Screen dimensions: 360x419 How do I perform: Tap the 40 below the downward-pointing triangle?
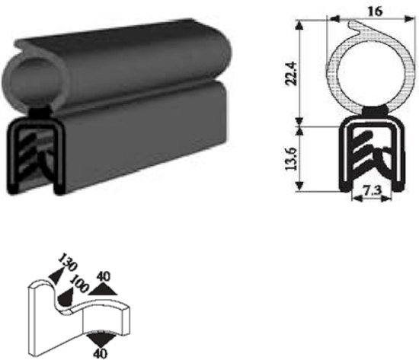(x=101, y=352)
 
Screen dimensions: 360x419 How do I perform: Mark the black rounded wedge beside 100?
(x=68, y=298)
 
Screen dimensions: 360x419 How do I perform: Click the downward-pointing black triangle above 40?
(x=101, y=337)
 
